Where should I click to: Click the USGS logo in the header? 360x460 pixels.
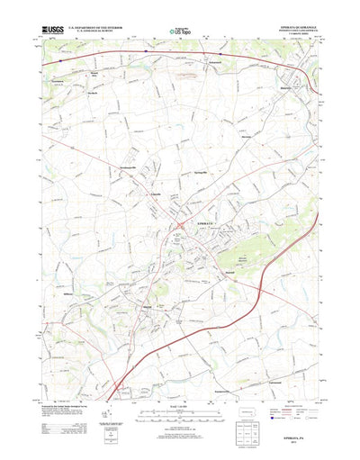[x=53, y=33]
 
